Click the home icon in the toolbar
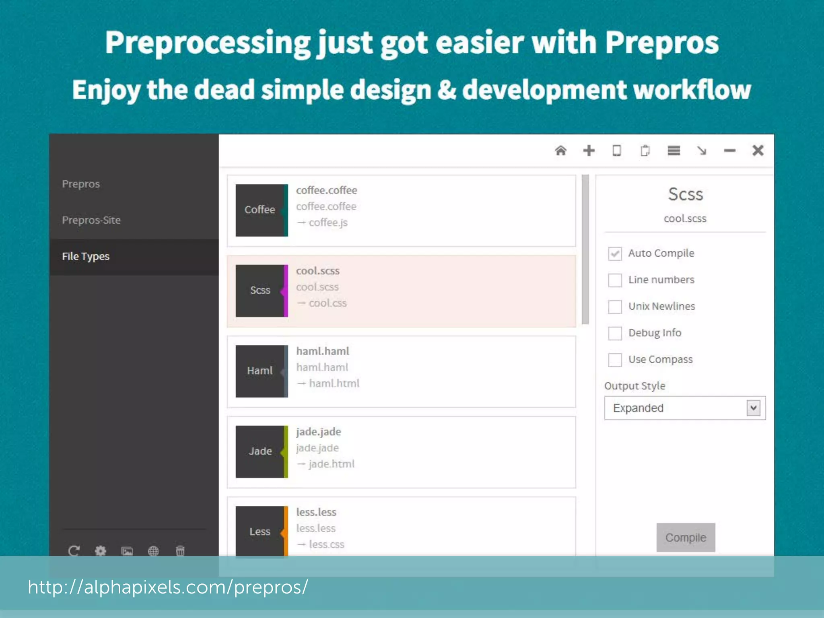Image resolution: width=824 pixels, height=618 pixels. point(560,151)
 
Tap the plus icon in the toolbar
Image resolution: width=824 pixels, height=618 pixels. point(589,151)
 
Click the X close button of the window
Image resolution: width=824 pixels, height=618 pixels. point(758,151)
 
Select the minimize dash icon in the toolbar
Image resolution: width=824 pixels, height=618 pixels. point(729,151)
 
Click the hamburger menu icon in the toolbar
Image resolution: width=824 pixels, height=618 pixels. point(674,151)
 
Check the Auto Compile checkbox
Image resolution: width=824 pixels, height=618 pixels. point(615,253)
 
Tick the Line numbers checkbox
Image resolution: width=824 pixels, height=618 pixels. point(615,280)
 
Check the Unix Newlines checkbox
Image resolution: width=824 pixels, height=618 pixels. point(615,307)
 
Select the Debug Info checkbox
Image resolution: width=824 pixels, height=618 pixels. point(615,333)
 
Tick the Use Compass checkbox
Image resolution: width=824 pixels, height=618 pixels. point(615,360)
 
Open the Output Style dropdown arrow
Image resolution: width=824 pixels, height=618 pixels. point(753,408)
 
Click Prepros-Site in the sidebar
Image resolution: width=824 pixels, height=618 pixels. point(91,220)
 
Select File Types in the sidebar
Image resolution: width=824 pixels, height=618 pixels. point(86,256)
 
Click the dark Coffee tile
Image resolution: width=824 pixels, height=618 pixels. point(260,210)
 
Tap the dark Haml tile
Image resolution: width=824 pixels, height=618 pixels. point(260,371)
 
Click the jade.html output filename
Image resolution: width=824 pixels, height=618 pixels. point(332,464)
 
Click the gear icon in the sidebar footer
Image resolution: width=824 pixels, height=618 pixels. point(100,550)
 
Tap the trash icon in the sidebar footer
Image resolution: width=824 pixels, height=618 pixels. point(180,550)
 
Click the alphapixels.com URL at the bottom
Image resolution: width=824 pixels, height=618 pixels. point(168,587)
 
